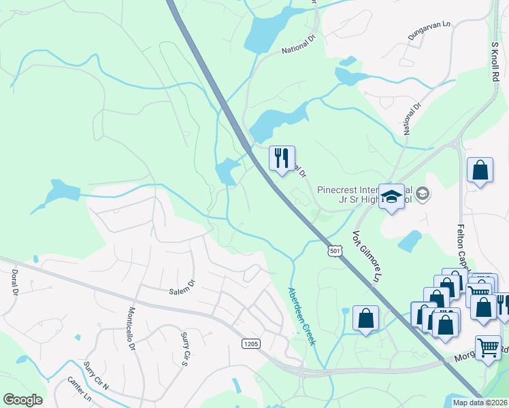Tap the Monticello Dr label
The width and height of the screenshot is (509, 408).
[132, 328]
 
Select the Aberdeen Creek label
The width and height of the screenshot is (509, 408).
[302, 316]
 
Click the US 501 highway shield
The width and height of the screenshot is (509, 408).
[334, 252]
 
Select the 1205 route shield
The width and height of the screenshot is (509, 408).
[250, 344]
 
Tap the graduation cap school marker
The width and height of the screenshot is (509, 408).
[391, 197]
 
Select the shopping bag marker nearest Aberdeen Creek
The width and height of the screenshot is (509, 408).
[365, 318]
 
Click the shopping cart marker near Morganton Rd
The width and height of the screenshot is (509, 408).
[489, 348]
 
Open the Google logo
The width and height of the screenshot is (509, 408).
[22, 400]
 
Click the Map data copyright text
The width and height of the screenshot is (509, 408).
[480, 403]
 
